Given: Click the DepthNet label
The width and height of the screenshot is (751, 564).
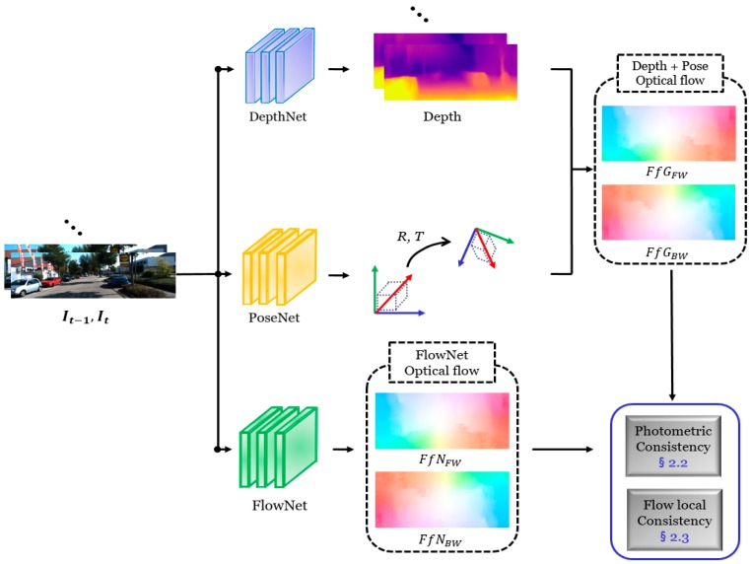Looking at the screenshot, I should (279, 115).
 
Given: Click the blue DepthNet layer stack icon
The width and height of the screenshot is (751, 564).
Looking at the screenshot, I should (280, 68).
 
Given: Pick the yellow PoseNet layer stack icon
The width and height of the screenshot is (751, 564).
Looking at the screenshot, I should (280, 270).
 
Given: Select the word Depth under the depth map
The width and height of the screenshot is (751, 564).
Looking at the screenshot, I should (440, 115).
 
